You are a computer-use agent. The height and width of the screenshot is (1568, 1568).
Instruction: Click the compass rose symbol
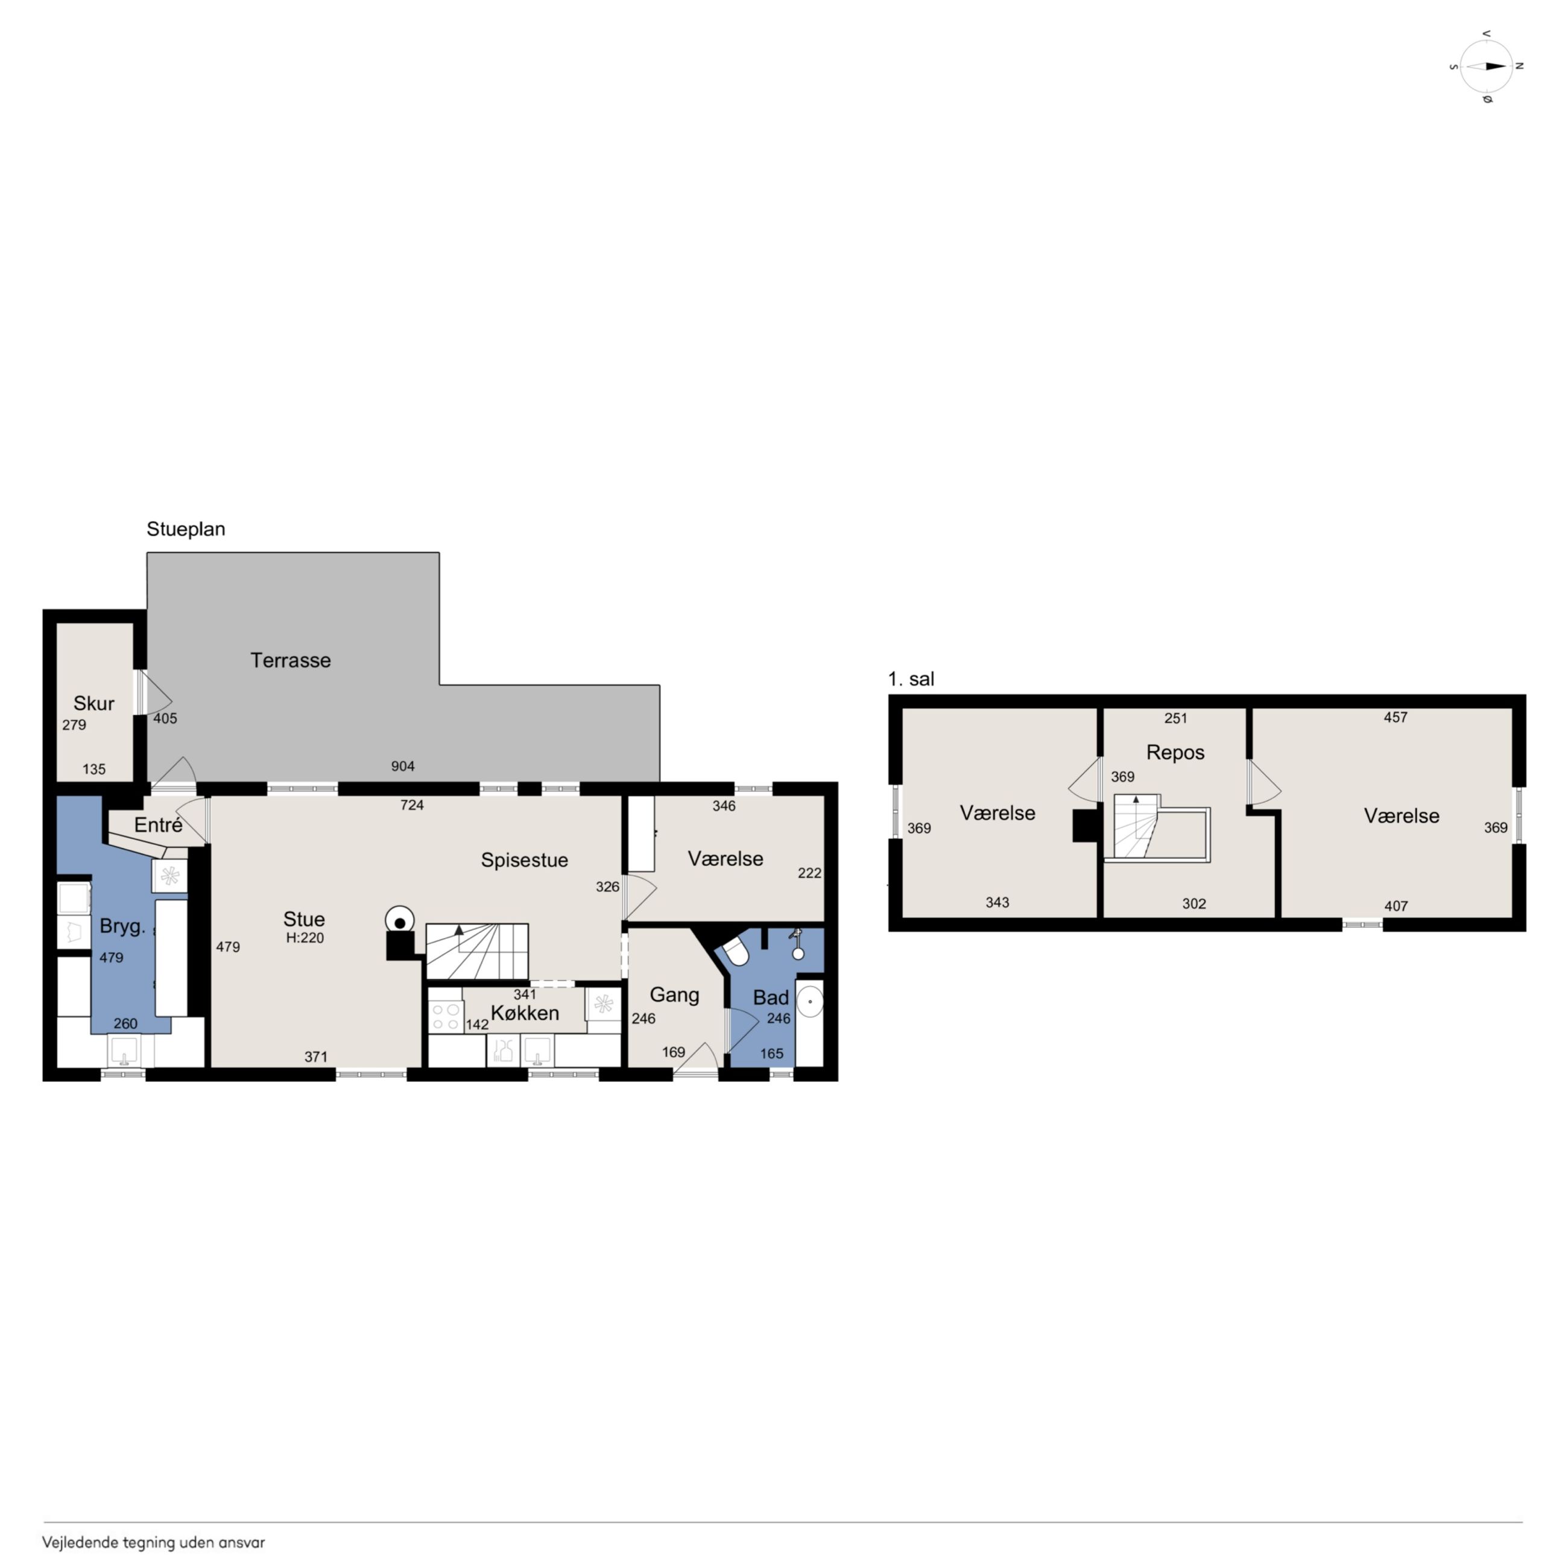click(x=1486, y=66)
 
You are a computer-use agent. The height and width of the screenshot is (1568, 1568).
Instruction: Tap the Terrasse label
click(x=291, y=660)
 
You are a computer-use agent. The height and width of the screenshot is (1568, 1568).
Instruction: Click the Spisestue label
click(x=524, y=861)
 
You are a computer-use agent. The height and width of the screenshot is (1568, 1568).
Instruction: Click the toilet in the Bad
click(x=735, y=951)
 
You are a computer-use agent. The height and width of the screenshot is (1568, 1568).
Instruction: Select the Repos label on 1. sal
click(x=1175, y=753)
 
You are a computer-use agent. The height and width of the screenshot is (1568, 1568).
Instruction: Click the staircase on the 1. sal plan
click(x=1136, y=826)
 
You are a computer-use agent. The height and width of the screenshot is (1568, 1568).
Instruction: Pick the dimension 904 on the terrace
click(x=402, y=766)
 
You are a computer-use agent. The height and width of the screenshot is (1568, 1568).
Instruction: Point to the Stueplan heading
click(x=186, y=529)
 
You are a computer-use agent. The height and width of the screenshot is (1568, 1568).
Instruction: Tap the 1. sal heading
click(x=911, y=679)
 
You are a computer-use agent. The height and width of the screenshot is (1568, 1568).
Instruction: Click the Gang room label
click(x=674, y=995)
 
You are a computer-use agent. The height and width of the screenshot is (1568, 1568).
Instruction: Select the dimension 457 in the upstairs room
click(x=1395, y=718)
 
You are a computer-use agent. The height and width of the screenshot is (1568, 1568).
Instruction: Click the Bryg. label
click(x=122, y=926)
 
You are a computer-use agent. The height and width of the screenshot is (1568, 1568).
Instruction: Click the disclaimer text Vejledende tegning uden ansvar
click(x=153, y=1542)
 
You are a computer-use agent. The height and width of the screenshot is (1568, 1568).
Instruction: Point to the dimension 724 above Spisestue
click(x=413, y=805)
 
